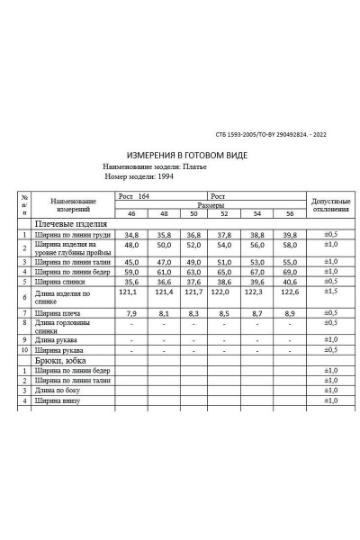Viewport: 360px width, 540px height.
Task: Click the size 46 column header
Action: click(x=132, y=214)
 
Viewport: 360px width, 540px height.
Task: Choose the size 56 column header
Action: click(x=289, y=214)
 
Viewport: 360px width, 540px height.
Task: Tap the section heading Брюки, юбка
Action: click(x=64, y=359)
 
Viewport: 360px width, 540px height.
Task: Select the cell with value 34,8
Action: click(x=132, y=235)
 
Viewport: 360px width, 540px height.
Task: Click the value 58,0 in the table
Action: click(x=289, y=245)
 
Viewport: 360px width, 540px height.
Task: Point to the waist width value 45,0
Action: click(x=132, y=262)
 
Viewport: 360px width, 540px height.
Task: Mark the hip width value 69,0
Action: click(x=289, y=271)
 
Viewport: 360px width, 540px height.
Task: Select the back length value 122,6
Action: click(x=289, y=292)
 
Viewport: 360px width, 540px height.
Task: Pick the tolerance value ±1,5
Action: click(x=330, y=292)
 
